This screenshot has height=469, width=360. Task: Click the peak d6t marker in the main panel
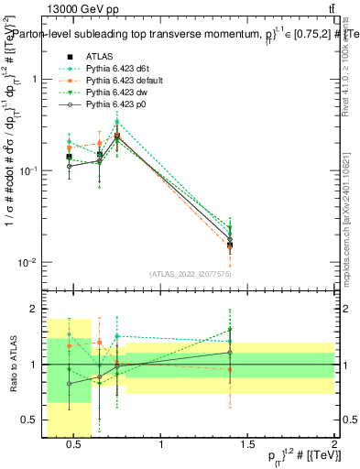click(117, 122)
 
